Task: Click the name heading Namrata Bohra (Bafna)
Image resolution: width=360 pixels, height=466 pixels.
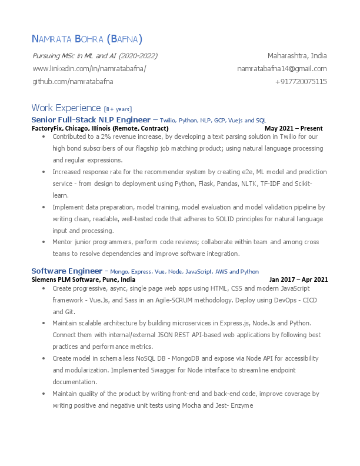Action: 86,39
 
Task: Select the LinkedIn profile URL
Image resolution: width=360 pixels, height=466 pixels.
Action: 89,68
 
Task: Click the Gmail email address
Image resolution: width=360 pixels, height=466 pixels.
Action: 282,68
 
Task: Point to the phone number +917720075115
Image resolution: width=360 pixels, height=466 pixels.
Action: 301,81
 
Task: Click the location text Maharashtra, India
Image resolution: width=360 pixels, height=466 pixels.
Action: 297,56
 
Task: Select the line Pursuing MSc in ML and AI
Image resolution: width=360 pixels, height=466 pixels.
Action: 95,56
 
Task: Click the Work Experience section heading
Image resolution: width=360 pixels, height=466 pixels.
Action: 66,108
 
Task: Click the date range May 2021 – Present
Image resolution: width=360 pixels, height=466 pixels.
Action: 293,128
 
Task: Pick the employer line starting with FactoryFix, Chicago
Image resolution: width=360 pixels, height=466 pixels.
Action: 100,128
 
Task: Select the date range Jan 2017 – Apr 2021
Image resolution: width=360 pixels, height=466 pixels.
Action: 298,279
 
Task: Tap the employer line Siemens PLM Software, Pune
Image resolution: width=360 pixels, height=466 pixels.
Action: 87,279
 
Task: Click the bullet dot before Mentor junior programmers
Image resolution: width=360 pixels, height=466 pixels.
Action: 44,242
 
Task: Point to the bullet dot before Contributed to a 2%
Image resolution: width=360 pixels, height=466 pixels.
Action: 44,137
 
